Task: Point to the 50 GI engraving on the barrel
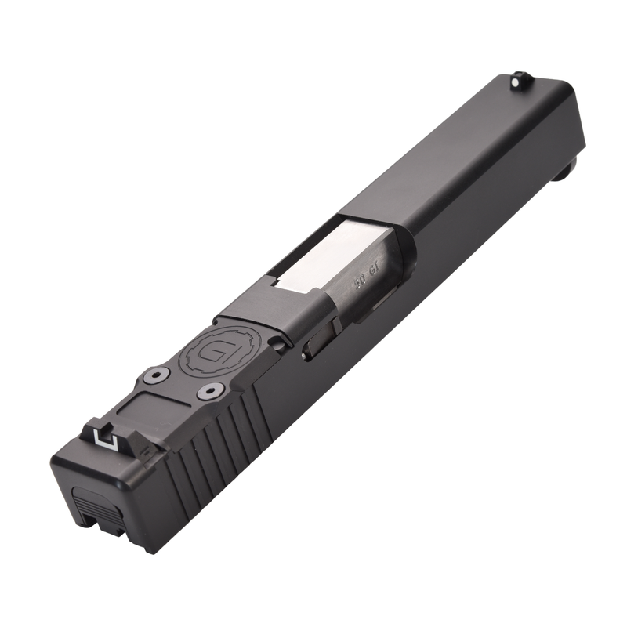tap(367, 281)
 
